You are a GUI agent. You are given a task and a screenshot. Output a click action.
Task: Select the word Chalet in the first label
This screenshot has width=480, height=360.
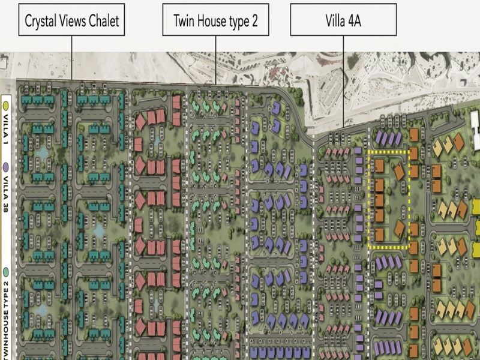click(x=104, y=21)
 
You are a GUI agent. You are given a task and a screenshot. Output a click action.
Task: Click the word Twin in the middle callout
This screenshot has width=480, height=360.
click(x=184, y=21)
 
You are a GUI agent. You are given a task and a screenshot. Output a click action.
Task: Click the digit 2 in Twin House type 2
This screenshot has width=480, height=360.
click(x=254, y=21)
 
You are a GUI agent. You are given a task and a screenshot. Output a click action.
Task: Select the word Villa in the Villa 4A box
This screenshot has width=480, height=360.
click(x=335, y=21)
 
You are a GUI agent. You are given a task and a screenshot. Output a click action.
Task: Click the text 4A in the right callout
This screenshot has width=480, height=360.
click(x=354, y=21)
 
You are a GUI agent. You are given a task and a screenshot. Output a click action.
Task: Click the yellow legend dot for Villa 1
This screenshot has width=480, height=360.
click(x=6, y=106)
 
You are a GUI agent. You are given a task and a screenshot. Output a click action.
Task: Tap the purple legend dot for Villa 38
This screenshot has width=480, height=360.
click(x=6, y=167)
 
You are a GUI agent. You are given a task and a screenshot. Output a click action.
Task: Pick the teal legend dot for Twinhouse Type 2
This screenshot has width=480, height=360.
click(x=6, y=272)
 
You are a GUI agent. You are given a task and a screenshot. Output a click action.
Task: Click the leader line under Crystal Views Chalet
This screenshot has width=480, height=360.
click(x=72, y=58)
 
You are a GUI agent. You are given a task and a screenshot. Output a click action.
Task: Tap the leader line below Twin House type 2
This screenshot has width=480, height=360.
click(x=216, y=60)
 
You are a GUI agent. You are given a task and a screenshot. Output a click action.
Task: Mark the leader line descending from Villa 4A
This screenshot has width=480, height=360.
click(x=343, y=82)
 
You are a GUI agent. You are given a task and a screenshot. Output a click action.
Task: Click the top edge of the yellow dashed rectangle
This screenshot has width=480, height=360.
click(x=388, y=152)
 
